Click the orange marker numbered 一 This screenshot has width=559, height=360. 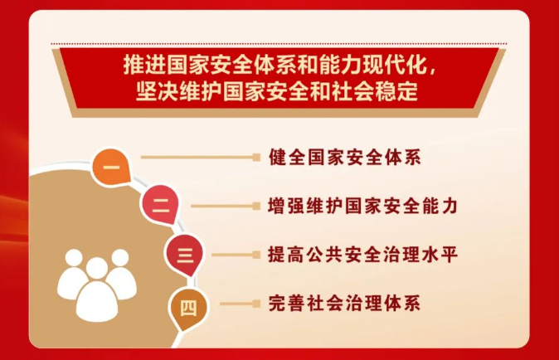110,167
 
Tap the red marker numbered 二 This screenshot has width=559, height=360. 160,205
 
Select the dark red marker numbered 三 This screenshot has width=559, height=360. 185,255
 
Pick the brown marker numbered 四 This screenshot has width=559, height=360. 188,309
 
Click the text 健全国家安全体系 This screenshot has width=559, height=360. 345,157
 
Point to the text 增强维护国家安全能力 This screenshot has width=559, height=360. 363,206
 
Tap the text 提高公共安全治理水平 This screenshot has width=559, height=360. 363,255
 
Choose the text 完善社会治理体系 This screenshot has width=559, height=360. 344,304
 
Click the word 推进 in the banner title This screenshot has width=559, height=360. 145,65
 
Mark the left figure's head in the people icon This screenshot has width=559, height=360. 74,258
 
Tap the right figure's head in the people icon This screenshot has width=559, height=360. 119,258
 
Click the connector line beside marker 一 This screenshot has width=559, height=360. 201,157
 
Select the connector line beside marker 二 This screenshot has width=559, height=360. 226,206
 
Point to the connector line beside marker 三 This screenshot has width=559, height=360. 236,255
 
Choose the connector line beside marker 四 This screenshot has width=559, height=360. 241,304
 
